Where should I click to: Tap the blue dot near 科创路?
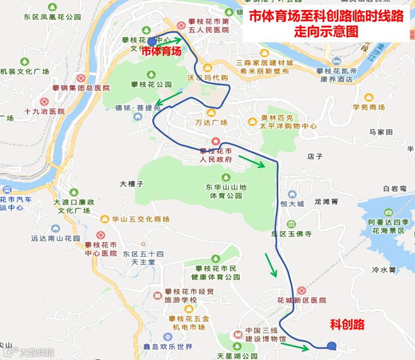(331, 346)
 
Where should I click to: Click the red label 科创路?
(347, 325)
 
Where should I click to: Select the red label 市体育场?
(161, 51)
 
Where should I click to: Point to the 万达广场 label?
(211, 123)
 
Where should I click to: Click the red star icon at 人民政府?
(215, 141)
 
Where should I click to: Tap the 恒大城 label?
(292, 204)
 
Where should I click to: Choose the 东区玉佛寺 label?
(291, 234)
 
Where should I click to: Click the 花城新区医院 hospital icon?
(301, 290)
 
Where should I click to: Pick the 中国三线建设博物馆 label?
(266, 335)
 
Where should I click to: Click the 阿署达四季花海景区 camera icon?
(388, 212)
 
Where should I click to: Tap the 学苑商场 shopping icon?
(369, 98)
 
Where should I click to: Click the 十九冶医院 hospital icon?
(44, 102)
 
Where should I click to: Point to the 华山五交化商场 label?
(140, 219)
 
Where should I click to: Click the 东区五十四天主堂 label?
(143, 258)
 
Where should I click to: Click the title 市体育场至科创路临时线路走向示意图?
(326, 23)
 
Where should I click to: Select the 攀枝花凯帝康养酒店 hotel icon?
(337, 61)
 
